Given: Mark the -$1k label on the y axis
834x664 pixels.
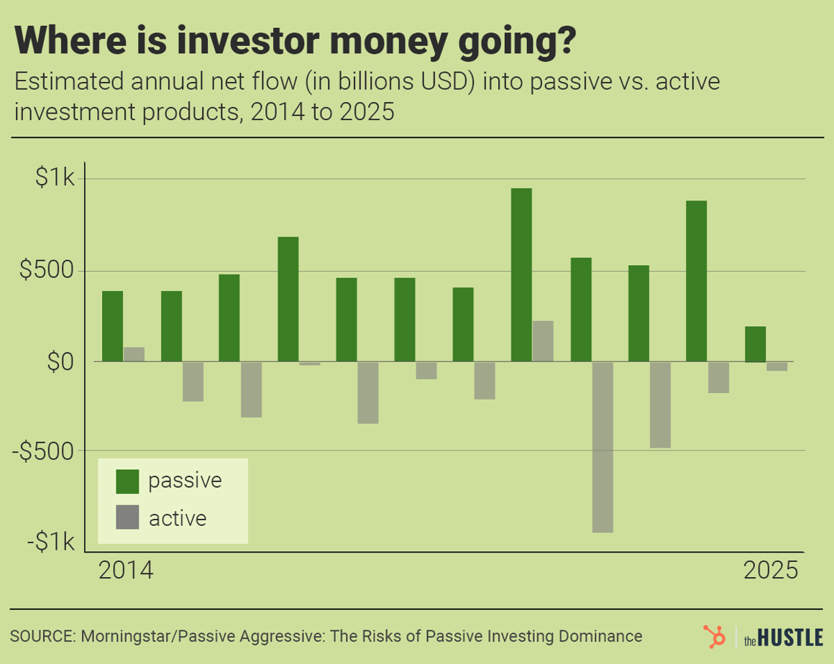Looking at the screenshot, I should pos(50,542).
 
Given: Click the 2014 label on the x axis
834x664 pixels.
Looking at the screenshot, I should pos(127,571).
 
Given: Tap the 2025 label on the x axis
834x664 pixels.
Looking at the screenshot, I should pos(771,571).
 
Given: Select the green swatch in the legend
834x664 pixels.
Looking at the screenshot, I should pos(127,481).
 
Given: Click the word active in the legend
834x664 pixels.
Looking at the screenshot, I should pos(178,518).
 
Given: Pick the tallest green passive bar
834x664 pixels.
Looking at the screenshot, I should pos(521,275).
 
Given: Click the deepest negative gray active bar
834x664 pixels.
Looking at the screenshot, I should pos(602,446).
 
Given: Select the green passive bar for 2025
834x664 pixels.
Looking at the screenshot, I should pos(755,344).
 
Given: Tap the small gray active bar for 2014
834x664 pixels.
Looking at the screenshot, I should pos(134,354).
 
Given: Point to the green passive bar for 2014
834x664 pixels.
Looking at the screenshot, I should pos(113,326).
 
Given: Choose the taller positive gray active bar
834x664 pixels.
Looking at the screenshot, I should pos(543,341).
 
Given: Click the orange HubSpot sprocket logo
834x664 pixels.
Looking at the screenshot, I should pos(714,637).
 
